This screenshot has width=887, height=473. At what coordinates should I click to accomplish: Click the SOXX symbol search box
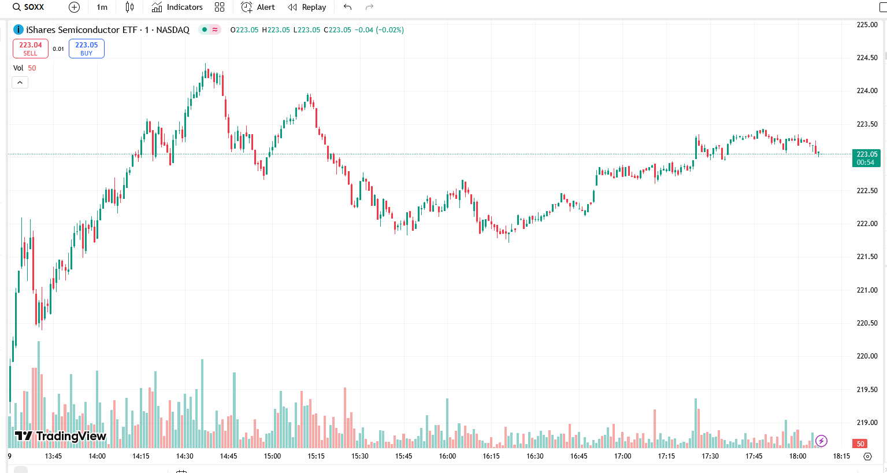coord(29,7)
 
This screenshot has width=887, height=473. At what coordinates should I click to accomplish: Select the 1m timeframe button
coord(102,7)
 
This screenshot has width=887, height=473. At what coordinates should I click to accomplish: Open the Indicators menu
coord(177,7)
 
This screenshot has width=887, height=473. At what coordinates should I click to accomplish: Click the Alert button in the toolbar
coord(258,7)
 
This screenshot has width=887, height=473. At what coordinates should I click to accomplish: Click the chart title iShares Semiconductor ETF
coord(81,29)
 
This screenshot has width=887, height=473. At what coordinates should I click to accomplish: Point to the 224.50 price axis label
coord(867,58)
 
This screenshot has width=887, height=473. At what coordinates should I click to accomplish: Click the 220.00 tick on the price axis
coord(867,356)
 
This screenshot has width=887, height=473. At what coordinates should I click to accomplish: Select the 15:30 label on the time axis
coord(360,456)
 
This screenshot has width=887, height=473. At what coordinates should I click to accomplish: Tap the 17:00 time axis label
coord(622,456)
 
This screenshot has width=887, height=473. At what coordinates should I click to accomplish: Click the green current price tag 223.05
coord(866,158)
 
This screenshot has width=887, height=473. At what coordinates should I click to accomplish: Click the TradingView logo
coord(61,436)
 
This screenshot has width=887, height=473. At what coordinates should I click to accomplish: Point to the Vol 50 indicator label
coord(24,68)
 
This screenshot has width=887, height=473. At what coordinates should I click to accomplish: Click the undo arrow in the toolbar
coord(347,7)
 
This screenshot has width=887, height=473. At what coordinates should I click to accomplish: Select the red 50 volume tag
coord(860,444)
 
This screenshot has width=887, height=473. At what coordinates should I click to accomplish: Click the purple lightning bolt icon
coord(821,441)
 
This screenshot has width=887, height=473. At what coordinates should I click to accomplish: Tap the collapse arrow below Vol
coord(20,83)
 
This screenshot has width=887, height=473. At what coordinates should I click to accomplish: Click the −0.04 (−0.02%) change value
coord(379,30)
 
